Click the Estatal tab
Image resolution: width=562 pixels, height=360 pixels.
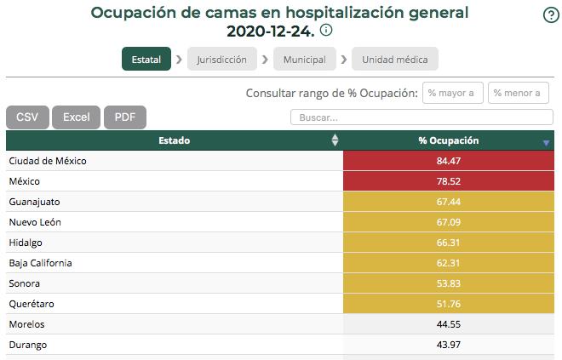pos(146,60)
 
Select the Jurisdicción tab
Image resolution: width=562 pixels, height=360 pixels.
pos(221,60)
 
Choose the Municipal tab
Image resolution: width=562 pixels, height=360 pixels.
pos(305,60)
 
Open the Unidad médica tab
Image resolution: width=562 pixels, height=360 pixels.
pos(395,60)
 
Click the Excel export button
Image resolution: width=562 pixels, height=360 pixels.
pos(77,117)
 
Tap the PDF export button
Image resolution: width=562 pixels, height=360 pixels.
pos(125,117)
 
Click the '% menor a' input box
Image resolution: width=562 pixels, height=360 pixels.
pos(518,93)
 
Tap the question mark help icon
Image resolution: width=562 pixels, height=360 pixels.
pos(550,15)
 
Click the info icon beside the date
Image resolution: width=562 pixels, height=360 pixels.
pos(326,31)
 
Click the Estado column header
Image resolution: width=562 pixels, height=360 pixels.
pos(174,140)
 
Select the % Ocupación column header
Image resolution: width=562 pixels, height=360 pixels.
pos(449,140)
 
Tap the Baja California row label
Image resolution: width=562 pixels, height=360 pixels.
pos(40,263)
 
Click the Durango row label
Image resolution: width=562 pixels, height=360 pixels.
pos(28,345)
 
